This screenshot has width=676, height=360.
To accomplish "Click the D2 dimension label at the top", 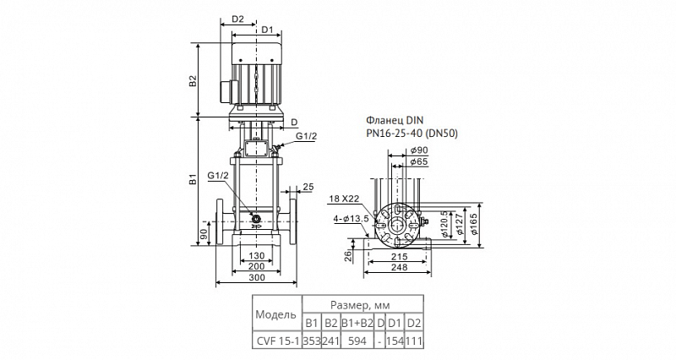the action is click(x=238, y=19).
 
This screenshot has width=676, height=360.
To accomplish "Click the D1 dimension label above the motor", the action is click(x=267, y=30).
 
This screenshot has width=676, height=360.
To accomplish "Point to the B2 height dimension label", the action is click(x=193, y=80).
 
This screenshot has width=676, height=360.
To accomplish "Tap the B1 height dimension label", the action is click(x=193, y=179).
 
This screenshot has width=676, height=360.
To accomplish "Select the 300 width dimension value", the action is click(x=257, y=278).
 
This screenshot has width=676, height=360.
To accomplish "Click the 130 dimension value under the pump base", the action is click(x=257, y=256).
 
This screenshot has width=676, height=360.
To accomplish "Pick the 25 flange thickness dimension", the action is click(x=308, y=187).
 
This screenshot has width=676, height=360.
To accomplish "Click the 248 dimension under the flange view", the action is click(x=399, y=267).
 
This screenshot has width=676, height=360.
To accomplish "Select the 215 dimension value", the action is click(x=399, y=257).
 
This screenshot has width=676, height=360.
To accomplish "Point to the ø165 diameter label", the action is click(x=474, y=224).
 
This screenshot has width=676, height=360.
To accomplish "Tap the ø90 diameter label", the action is click(x=418, y=150).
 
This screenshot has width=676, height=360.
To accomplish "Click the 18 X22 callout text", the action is click(x=344, y=199).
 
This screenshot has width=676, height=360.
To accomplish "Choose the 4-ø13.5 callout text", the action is click(x=351, y=219).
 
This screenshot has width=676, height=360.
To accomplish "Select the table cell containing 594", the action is click(x=357, y=341).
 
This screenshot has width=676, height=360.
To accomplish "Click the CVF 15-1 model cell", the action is click(x=277, y=341).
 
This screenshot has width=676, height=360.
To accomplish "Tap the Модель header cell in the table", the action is click(x=277, y=314).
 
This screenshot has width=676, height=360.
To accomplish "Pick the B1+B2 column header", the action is click(x=357, y=323).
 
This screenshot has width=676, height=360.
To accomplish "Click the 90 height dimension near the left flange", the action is click(x=204, y=234).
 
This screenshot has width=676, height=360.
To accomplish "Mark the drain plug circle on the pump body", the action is click(x=257, y=219).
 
